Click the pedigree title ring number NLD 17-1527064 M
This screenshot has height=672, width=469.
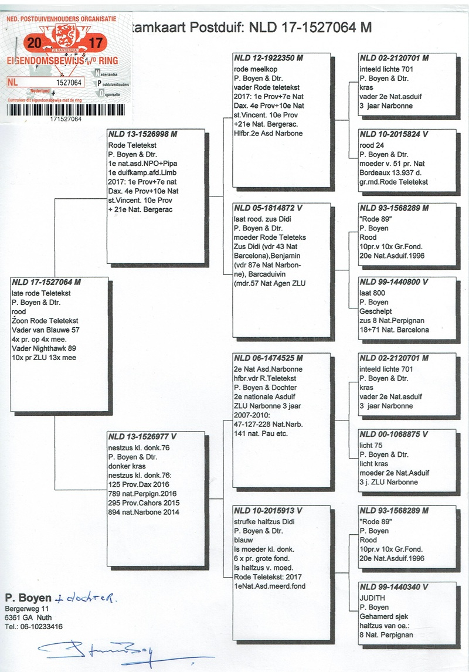coord(310,27)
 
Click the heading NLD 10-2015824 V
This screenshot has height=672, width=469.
coord(394,134)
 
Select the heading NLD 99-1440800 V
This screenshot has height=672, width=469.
coord(394,282)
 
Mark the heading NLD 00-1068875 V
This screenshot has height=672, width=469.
coord(394,435)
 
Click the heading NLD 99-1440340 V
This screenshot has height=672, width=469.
coord(394,587)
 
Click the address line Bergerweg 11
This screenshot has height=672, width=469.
coord(23,610)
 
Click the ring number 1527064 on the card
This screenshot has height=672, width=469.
coord(69,83)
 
